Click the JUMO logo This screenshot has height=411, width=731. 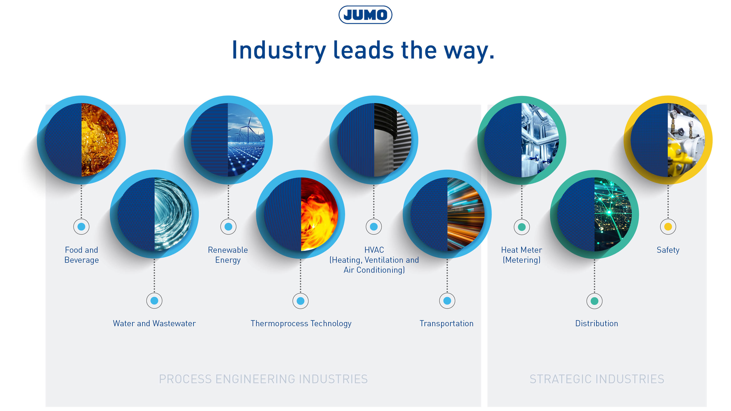click(x=365, y=15)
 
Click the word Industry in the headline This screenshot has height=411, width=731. click(x=279, y=50)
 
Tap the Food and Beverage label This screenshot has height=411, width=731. click(x=81, y=255)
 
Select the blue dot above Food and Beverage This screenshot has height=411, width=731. click(x=81, y=227)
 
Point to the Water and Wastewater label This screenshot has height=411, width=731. click(x=154, y=323)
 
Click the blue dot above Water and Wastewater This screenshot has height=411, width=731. click(x=154, y=301)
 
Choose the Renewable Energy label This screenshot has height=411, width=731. click(x=228, y=255)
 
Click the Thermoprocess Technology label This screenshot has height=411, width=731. click(x=301, y=323)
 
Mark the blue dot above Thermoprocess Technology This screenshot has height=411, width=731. click(x=301, y=301)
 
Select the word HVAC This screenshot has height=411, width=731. click(x=374, y=250)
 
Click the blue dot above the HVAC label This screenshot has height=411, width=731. click(x=374, y=227)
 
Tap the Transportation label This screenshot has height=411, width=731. click(x=447, y=323)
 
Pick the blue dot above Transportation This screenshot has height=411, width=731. click(x=447, y=301)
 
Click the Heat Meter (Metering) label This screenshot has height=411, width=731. click(x=521, y=255)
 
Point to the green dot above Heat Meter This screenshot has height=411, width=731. click(x=522, y=227)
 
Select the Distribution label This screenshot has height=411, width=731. click(x=596, y=323)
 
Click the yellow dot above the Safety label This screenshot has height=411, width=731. click(x=668, y=227)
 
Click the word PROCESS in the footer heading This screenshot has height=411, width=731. click(x=185, y=379)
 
